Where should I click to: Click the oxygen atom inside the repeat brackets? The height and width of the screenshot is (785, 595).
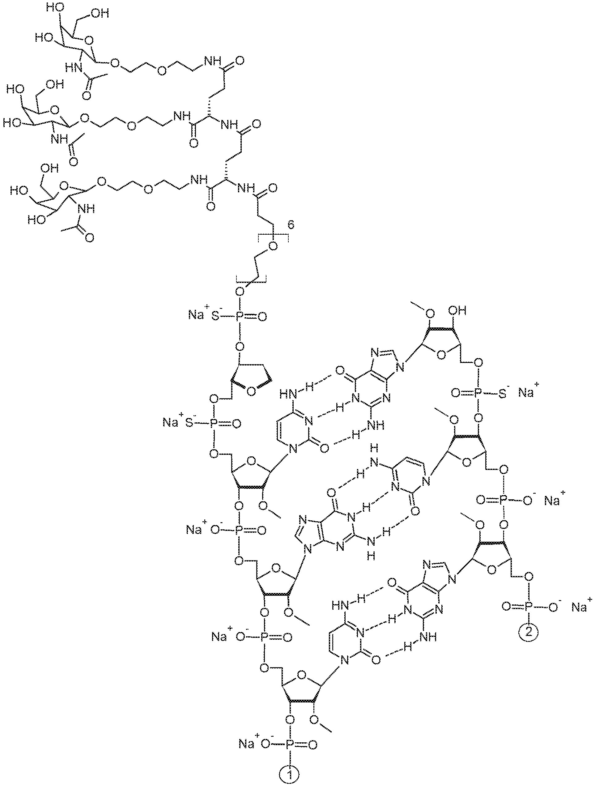pyautogui.click(x=273, y=245)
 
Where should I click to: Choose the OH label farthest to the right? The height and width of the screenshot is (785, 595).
pyautogui.click(x=457, y=311)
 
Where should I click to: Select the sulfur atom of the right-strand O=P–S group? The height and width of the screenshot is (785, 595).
pyautogui.click(x=503, y=394)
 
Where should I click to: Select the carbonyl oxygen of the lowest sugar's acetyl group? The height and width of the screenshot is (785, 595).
pyautogui.click(x=89, y=237)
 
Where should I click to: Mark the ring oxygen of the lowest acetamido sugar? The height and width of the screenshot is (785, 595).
pyautogui.click(x=64, y=186)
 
